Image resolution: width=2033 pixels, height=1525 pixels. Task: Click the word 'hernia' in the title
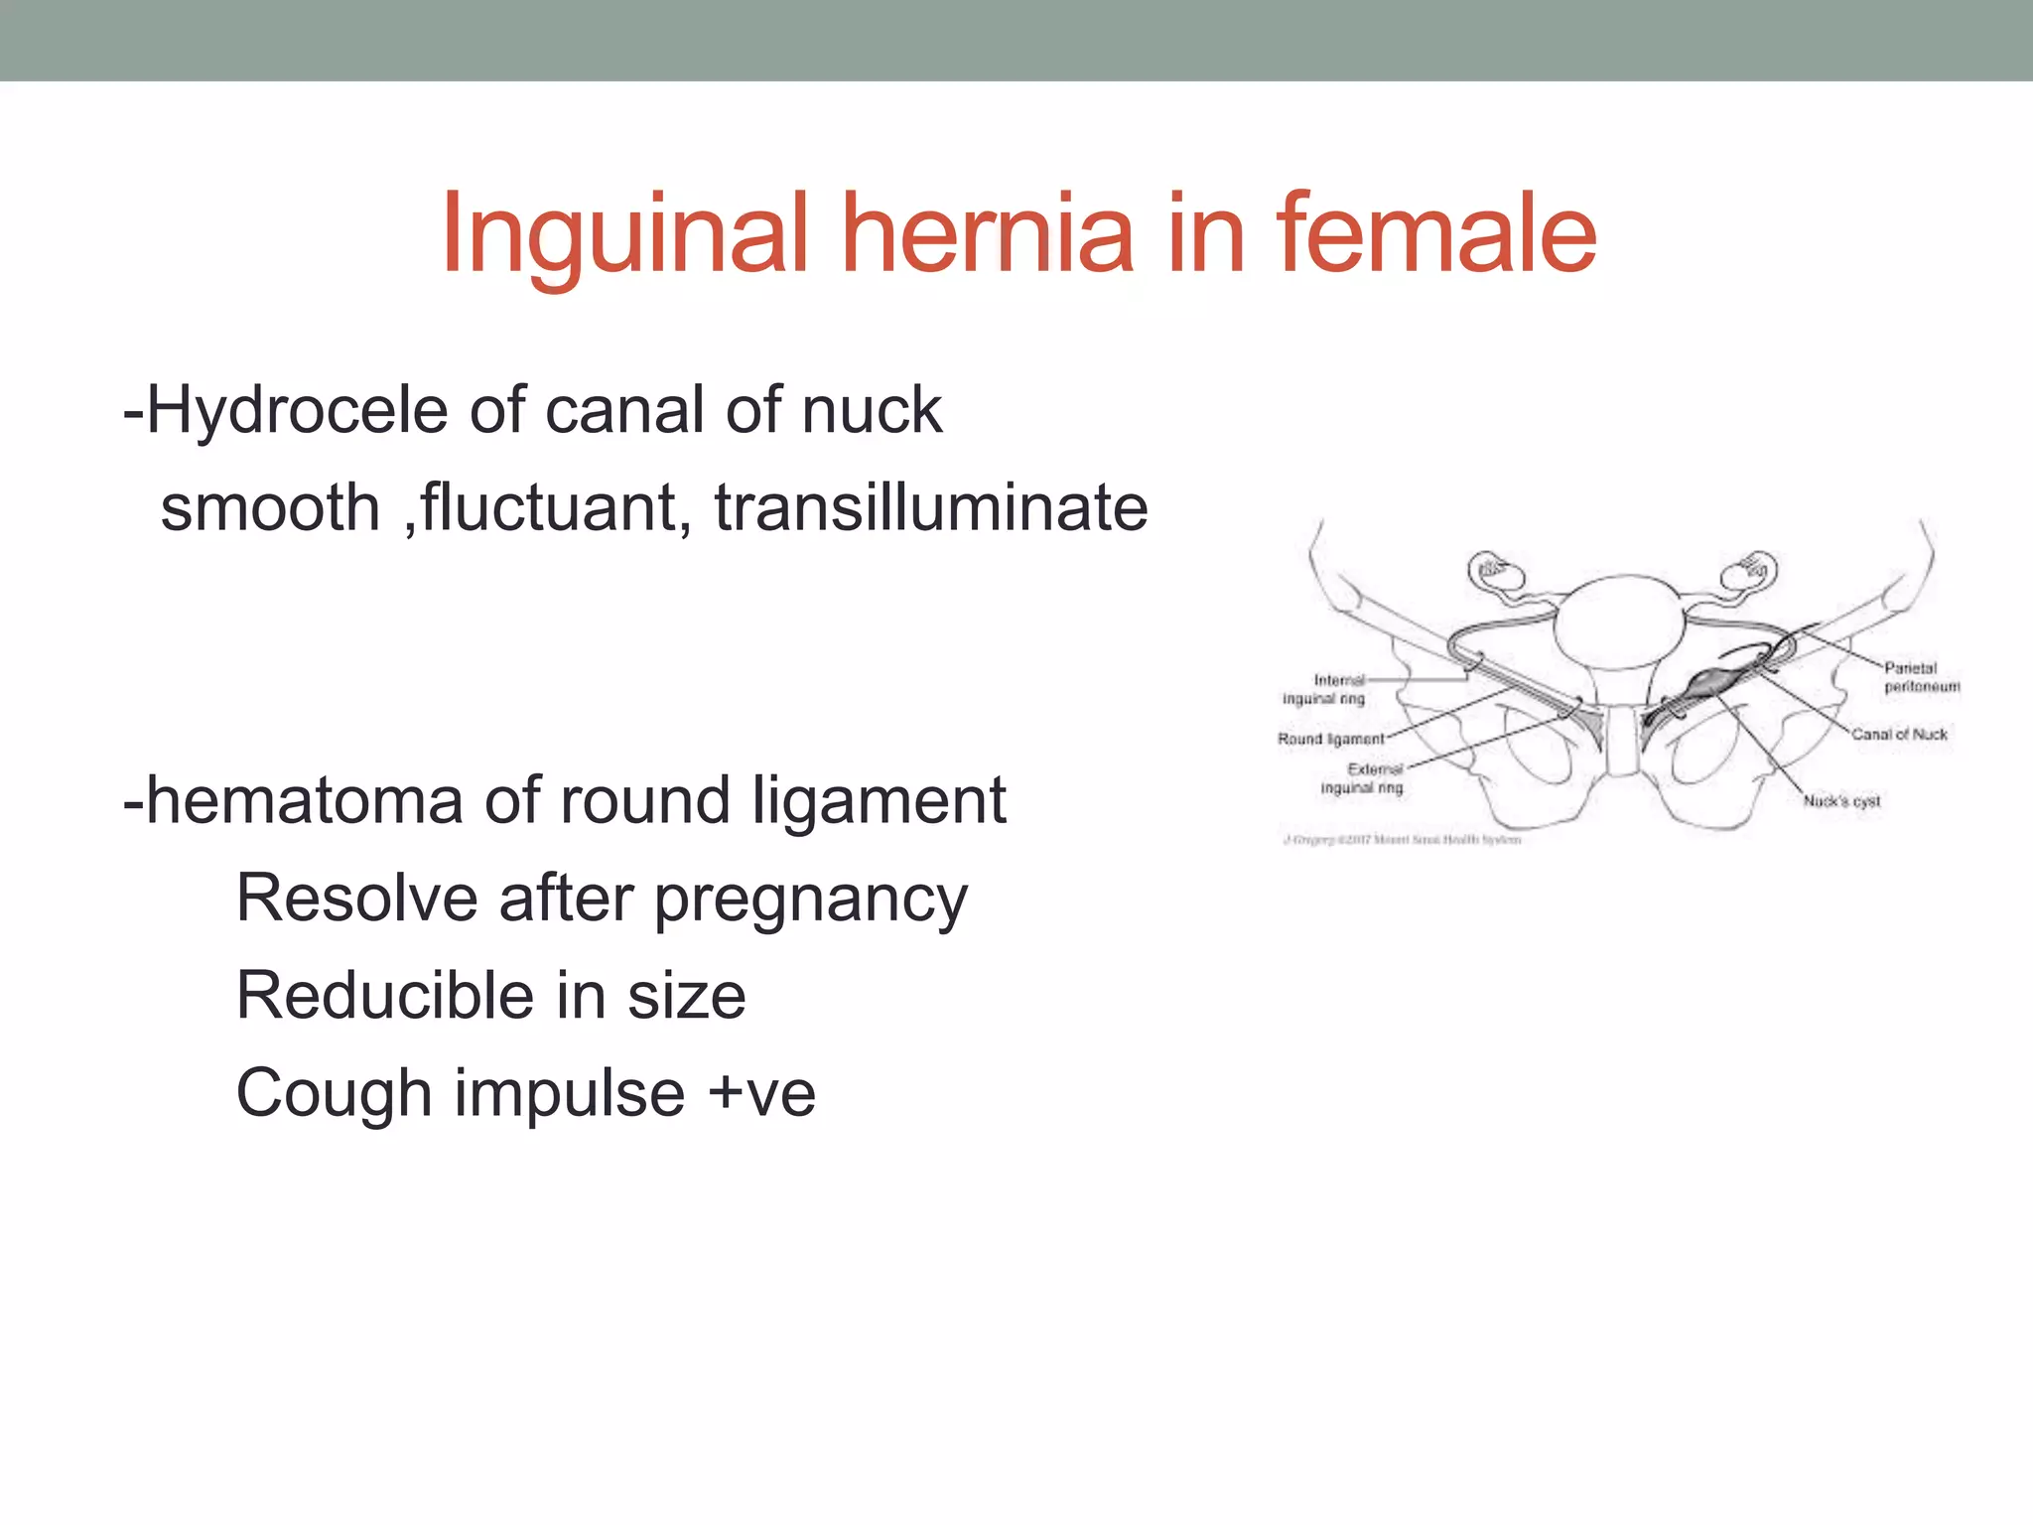pyautogui.click(x=987, y=234)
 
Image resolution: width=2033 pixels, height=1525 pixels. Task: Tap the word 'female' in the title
pyautogui.click(x=1436, y=234)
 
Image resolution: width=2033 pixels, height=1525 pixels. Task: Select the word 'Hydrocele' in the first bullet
pyautogui.click(x=297, y=410)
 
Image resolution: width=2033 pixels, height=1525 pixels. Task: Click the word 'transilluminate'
pyautogui.click(x=931, y=507)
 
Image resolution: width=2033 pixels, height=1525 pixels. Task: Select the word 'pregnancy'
pyautogui.click(x=810, y=900)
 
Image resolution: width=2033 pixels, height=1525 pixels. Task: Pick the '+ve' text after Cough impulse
pyautogui.click(x=761, y=1093)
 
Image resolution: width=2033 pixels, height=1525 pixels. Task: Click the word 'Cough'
pyautogui.click(x=334, y=1093)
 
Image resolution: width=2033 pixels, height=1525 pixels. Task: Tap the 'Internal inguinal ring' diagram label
pyautogui.click(x=1324, y=689)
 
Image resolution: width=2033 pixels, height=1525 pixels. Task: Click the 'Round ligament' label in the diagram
pyautogui.click(x=1330, y=739)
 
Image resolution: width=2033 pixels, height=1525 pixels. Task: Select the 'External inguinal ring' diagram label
pyautogui.click(x=1364, y=778)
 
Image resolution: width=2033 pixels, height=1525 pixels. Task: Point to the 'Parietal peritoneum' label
pyautogui.click(x=1921, y=677)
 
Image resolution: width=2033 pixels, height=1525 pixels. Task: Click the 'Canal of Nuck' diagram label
pyautogui.click(x=1899, y=735)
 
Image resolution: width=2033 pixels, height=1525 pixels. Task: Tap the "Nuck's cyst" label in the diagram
pyautogui.click(x=1841, y=801)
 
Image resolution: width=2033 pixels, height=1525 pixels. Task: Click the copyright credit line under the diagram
pyautogui.click(x=1402, y=840)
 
